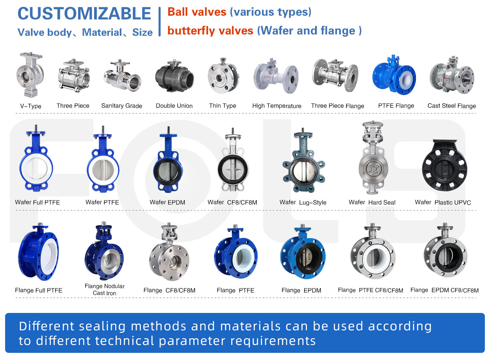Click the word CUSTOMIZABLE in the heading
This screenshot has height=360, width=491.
[84, 14]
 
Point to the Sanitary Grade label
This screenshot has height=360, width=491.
[122, 106]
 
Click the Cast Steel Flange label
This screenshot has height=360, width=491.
[451, 106]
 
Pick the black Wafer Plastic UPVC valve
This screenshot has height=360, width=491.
[444, 166]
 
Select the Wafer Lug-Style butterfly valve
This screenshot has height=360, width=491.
[303, 164]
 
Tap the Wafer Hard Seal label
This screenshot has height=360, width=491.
[372, 202]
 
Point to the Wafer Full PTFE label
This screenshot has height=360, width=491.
[38, 202]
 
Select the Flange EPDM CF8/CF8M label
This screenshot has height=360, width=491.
[444, 290]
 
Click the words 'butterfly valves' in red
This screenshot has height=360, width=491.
[210, 31]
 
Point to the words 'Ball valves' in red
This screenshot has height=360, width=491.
[197, 12]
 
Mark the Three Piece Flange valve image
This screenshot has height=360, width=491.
[335, 76]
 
